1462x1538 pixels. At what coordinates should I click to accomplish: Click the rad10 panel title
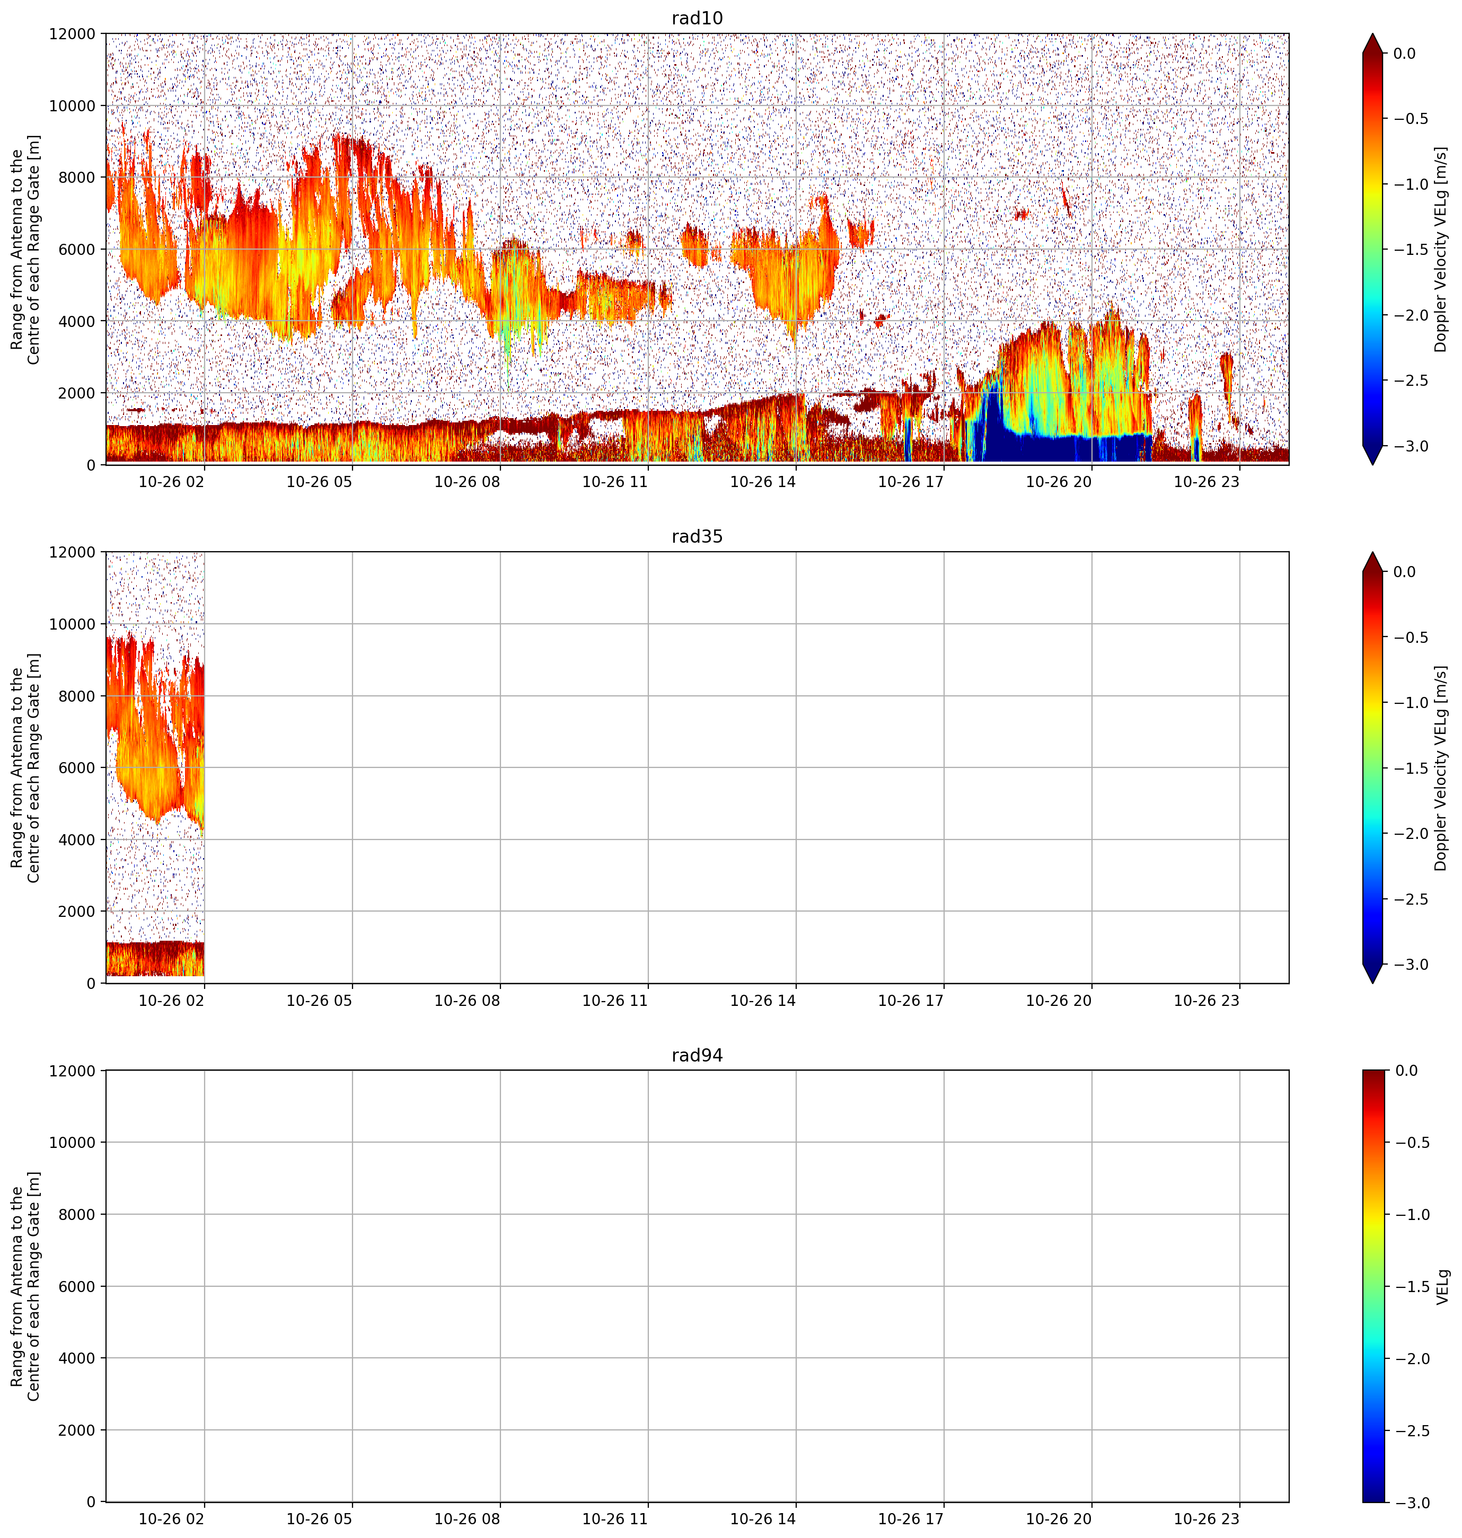697,18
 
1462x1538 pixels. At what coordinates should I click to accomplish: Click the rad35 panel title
697,537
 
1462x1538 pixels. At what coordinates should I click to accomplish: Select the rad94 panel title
697,1056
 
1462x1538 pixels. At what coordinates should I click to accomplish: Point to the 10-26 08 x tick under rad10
467,482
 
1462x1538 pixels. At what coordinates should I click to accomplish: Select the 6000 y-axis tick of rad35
77,767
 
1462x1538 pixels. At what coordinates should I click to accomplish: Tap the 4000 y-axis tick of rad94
77,1358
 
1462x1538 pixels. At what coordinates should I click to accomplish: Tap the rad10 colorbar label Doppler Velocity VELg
1440,249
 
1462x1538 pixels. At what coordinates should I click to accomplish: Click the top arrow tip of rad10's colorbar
1372,33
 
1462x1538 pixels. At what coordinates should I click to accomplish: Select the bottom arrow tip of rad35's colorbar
1372,983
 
